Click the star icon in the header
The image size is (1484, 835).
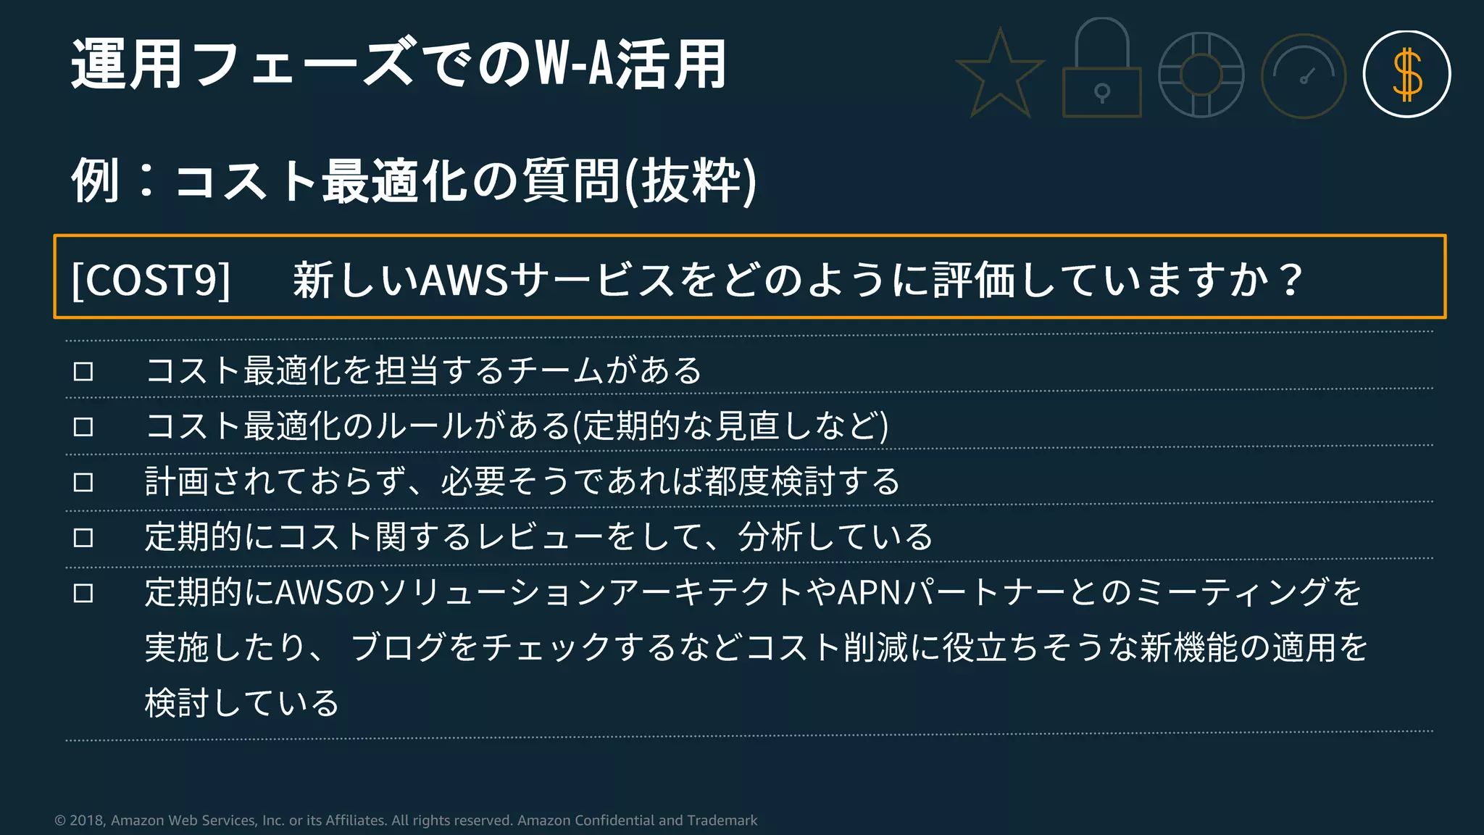click(x=1000, y=75)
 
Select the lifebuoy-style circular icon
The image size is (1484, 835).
click(x=1201, y=75)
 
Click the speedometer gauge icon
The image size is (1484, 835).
click(x=1304, y=76)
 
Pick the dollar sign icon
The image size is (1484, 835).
click(x=1406, y=75)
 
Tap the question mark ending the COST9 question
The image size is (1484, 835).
click(x=1290, y=279)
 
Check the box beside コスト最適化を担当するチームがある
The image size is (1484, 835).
click(x=83, y=372)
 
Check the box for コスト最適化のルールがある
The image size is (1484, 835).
click(x=83, y=427)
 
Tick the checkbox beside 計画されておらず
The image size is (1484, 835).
click(x=83, y=482)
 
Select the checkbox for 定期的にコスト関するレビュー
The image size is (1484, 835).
click(x=83, y=538)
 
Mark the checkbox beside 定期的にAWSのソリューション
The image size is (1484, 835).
click(x=83, y=594)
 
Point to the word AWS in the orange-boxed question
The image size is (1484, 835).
click(x=464, y=280)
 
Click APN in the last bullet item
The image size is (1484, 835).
click(x=869, y=593)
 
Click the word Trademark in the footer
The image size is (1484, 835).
click(x=722, y=821)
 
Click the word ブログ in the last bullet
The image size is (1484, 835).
click(x=399, y=647)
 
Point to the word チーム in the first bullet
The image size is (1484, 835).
click(x=554, y=371)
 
